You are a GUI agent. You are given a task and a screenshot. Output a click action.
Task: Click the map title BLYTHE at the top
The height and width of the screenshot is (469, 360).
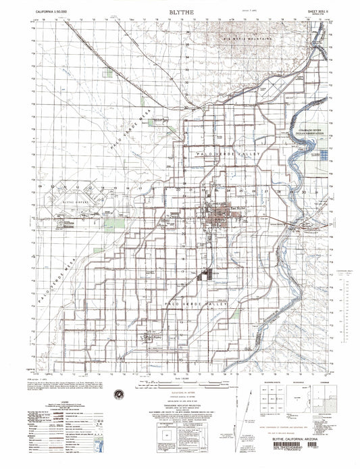[x=178, y=12]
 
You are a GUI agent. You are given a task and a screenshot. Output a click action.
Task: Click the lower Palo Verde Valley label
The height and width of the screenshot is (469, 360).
[x=196, y=305]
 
